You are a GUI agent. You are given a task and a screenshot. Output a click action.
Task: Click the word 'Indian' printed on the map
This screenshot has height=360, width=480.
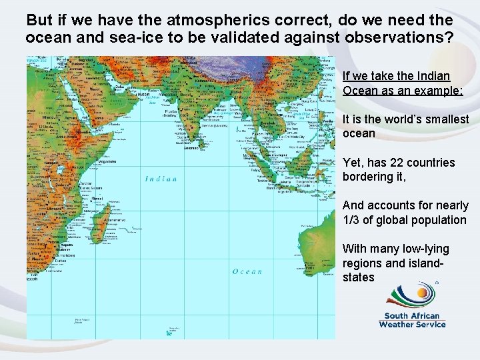161,179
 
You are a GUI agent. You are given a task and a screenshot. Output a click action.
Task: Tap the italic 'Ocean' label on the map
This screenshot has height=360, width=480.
247,271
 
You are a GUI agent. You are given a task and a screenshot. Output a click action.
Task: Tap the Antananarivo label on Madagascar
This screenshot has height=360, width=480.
114,220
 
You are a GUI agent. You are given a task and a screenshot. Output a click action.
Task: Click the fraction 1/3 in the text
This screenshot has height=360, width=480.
352,220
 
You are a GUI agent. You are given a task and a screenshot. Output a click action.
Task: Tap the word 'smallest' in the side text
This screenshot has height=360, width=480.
446,119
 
